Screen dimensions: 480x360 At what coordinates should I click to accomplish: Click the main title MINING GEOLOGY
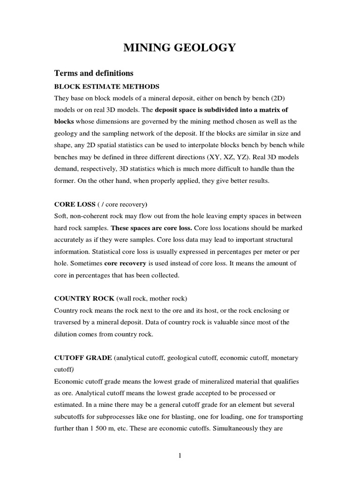180,47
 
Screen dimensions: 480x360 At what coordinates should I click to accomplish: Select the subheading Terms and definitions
94,73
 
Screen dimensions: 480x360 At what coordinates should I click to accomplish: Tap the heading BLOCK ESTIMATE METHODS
107,87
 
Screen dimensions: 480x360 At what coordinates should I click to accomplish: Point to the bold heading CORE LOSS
75,205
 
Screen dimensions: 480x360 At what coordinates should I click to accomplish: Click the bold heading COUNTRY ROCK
84,299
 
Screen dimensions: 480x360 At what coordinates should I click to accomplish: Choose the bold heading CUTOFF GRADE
83,358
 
